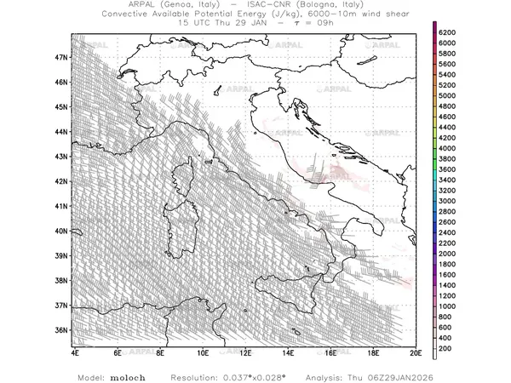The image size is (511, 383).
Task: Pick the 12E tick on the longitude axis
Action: (x=245, y=352)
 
